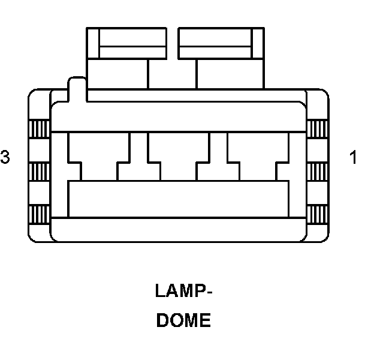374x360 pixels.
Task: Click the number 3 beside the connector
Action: point(5,157)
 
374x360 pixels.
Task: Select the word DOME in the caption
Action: point(183,320)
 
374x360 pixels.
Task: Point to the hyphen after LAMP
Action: point(209,293)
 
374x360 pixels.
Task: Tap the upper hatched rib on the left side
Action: point(40,128)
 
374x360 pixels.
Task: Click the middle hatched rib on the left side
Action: point(40,170)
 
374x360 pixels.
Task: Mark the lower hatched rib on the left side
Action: point(40,214)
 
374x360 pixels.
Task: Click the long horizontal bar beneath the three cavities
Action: point(179,198)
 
